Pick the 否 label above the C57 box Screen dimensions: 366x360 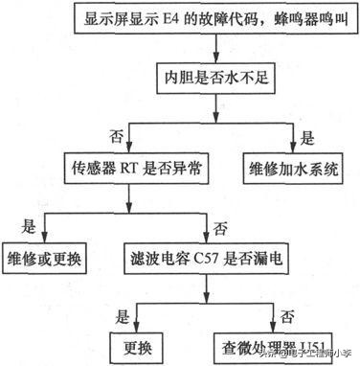tap(220, 226)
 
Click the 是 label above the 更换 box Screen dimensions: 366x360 tap(122, 312)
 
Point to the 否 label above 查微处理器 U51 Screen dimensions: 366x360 tap(284, 312)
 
